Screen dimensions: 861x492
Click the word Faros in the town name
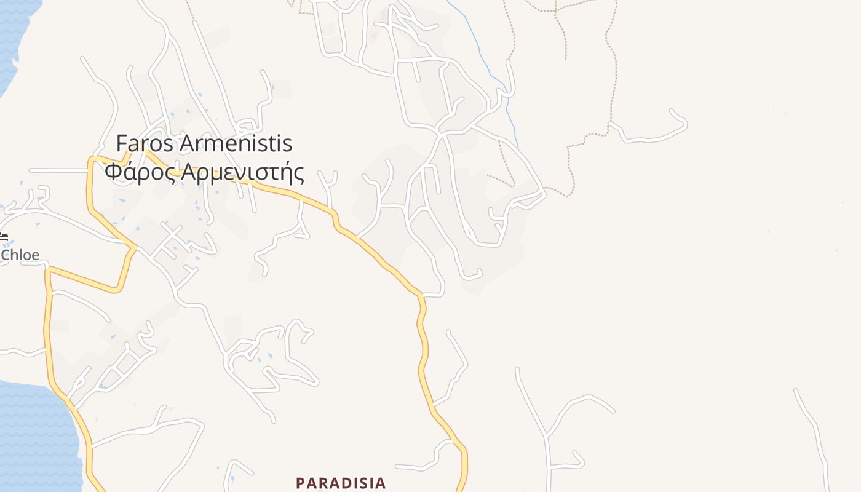(145, 144)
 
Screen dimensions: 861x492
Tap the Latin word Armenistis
(236, 144)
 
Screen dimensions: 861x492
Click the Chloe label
(20, 255)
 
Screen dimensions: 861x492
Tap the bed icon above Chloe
(3, 236)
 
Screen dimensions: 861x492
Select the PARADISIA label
(341, 483)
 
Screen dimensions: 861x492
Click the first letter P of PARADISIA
(301, 483)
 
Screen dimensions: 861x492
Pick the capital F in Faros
(122, 144)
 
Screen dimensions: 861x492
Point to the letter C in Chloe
(6, 255)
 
